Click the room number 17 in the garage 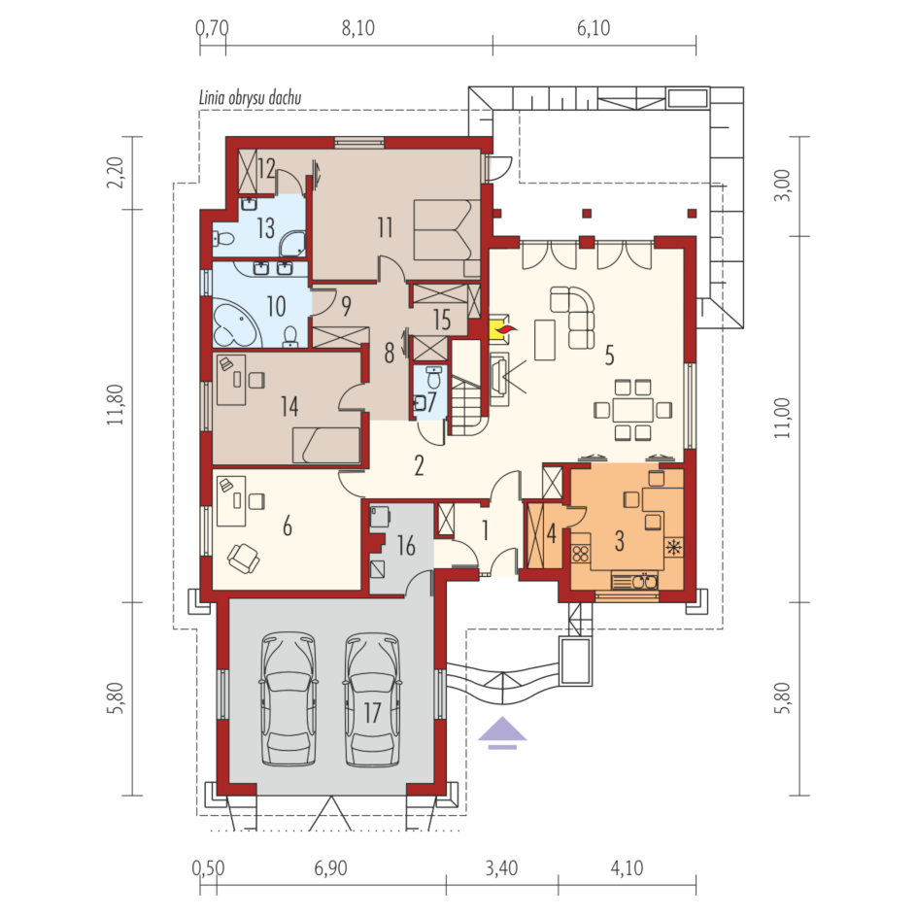(x=372, y=712)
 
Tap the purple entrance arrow (x=502, y=732)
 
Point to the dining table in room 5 (x=632, y=410)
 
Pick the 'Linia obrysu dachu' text (x=251, y=98)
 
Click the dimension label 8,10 (x=357, y=28)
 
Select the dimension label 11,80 (x=116, y=404)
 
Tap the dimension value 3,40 (x=501, y=868)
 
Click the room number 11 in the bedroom (x=385, y=227)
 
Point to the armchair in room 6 (x=243, y=558)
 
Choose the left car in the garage (x=289, y=698)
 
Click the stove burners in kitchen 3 (x=581, y=554)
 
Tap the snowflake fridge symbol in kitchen (x=674, y=548)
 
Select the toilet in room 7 (x=433, y=378)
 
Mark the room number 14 (x=289, y=406)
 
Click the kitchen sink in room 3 (x=635, y=582)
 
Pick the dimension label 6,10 (x=594, y=28)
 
